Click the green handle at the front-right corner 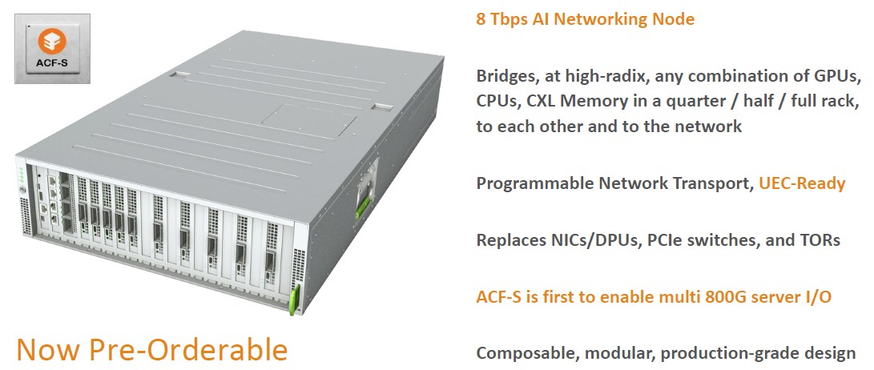click(294, 300)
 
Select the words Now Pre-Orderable click(152, 349)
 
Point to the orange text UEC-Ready click(802, 183)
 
